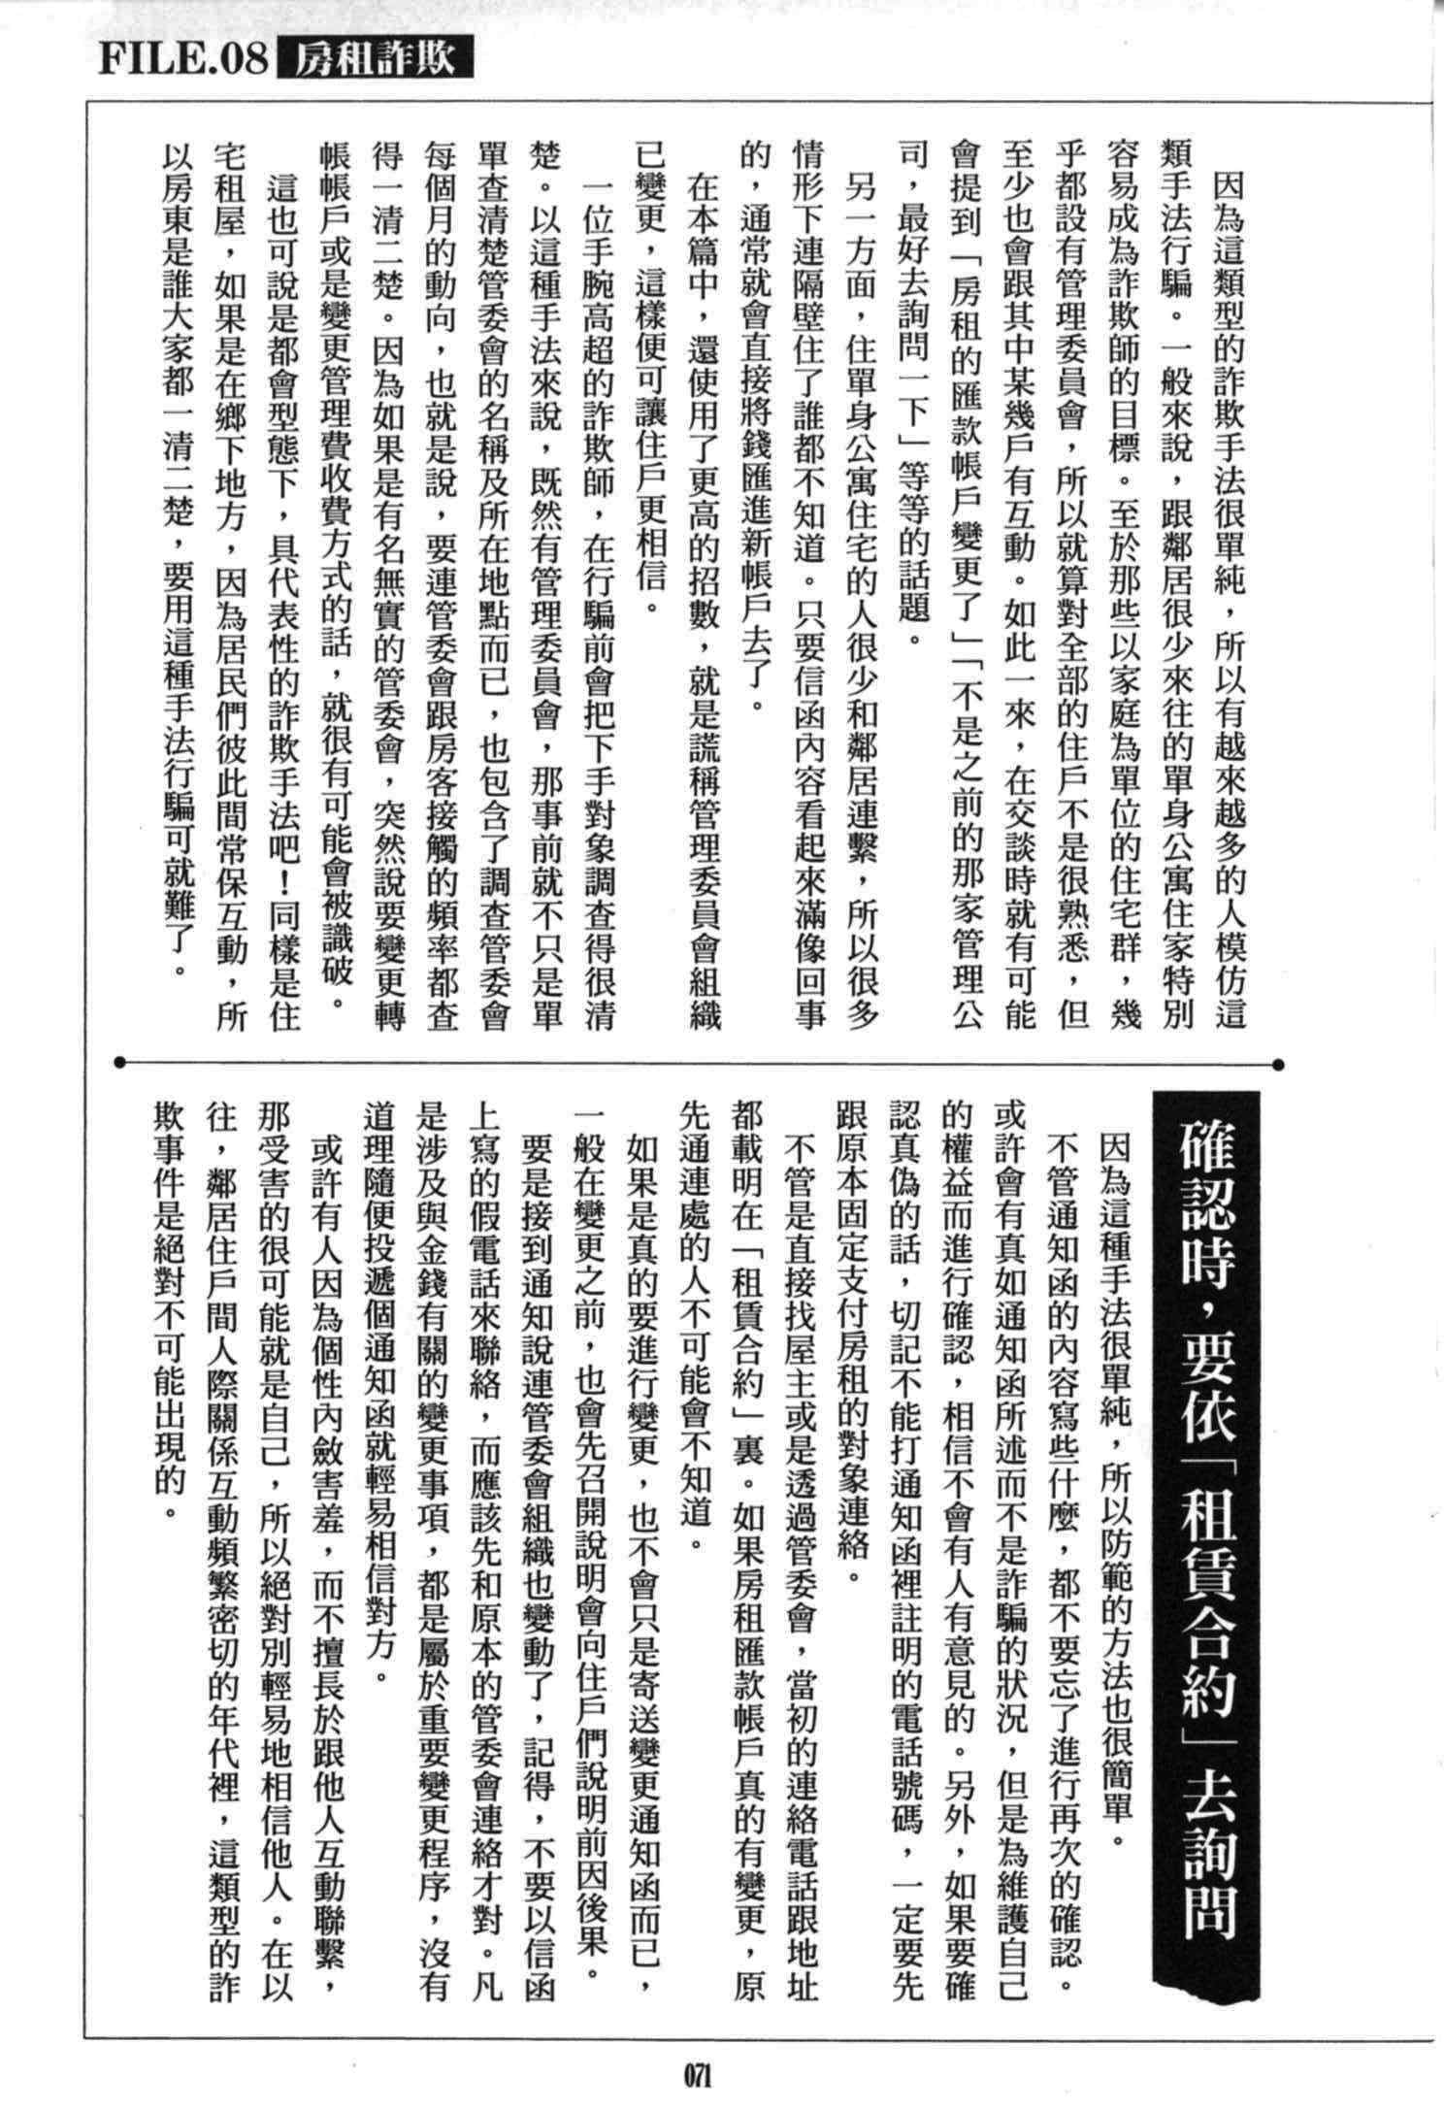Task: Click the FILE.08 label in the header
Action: point(182,59)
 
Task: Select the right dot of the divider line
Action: point(1278,1065)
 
